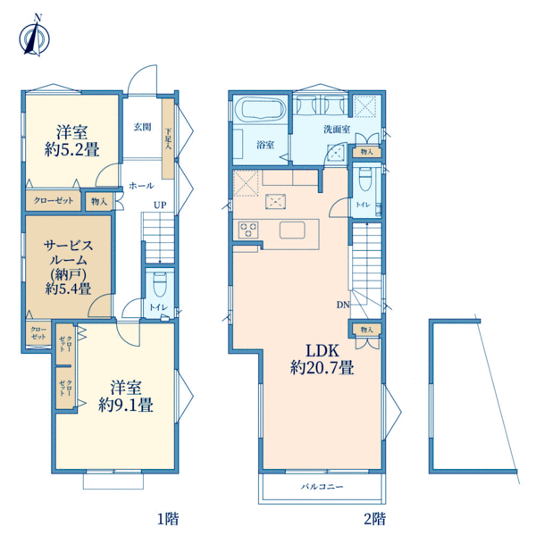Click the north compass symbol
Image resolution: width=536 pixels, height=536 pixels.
(x=35, y=37)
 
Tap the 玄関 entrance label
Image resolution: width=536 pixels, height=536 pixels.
(x=142, y=127)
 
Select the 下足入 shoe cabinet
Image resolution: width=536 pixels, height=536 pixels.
(x=168, y=138)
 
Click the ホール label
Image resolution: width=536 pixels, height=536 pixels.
(x=141, y=186)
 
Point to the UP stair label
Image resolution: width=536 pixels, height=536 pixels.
(x=160, y=205)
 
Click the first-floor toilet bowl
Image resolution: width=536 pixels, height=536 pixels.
(x=159, y=284)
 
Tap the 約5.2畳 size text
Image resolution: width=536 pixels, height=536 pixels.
(x=72, y=149)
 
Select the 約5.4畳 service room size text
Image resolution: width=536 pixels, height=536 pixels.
(x=69, y=289)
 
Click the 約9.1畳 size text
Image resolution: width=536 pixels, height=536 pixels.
(x=126, y=405)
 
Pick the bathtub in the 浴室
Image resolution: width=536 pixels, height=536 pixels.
(x=263, y=108)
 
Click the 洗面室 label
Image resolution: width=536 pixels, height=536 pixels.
(x=337, y=130)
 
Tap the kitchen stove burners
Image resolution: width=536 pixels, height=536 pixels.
(x=248, y=230)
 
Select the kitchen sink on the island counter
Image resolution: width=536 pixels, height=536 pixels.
(x=292, y=230)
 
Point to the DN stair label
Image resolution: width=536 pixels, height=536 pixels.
(x=343, y=305)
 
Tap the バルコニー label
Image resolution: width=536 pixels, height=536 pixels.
(x=322, y=486)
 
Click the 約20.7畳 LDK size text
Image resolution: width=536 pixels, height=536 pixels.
(x=322, y=368)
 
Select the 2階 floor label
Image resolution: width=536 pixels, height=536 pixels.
(x=374, y=519)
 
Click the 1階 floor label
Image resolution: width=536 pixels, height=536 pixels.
(x=168, y=519)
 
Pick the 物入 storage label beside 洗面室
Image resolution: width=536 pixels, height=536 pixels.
(x=367, y=152)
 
